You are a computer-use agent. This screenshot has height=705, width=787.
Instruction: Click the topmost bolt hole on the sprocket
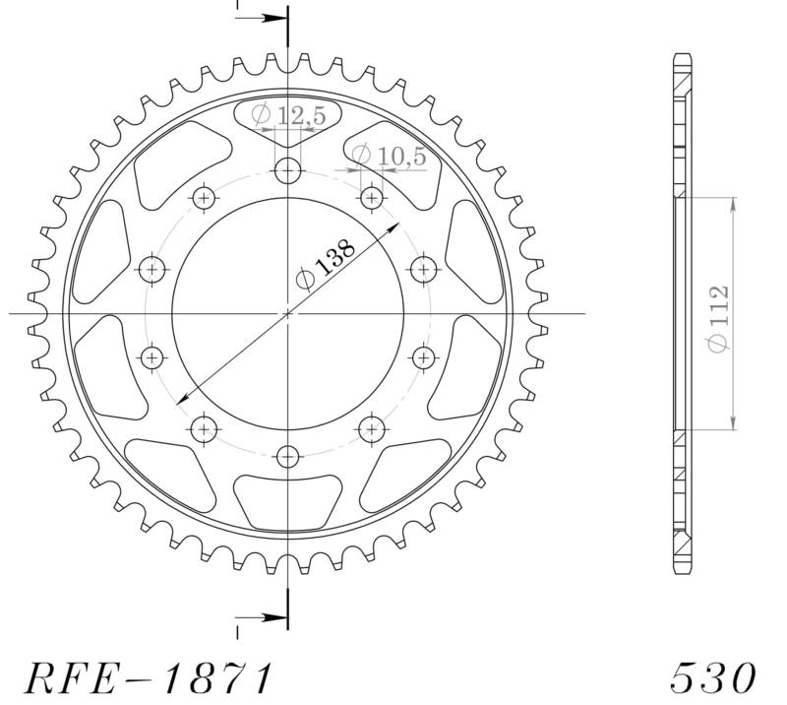click(x=287, y=171)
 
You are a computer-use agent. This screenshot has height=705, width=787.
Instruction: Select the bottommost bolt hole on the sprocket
click(x=287, y=457)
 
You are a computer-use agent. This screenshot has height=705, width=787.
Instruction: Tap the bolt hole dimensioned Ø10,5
click(x=371, y=199)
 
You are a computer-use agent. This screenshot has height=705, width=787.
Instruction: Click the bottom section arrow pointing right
click(x=264, y=619)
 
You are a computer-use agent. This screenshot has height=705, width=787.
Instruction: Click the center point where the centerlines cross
click(x=287, y=314)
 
